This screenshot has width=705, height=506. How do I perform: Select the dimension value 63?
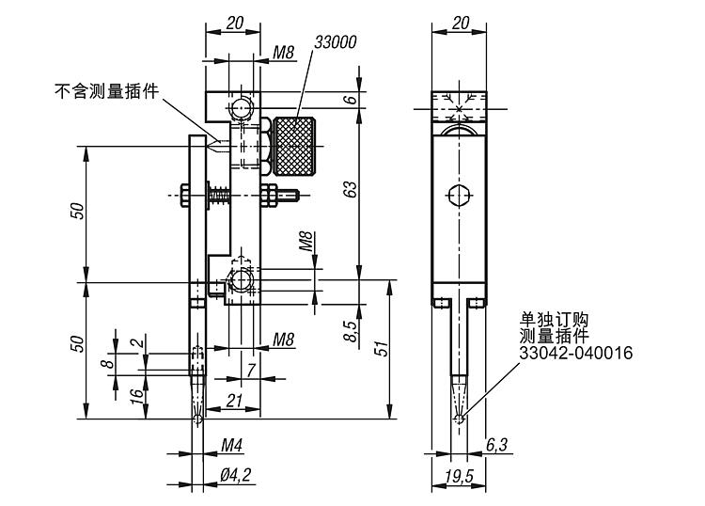click(x=350, y=188)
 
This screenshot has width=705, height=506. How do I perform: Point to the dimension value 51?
click(x=380, y=349)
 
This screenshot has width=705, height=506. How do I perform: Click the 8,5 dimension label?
click(x=350, y=331)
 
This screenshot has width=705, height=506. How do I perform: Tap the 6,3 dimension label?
click(x=498, y=444)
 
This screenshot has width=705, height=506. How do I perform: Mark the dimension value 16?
click(x=110, y=395)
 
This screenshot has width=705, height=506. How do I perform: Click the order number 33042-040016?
click(x=576, y=353)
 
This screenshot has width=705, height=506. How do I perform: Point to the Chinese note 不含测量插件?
click(x=106, y=91)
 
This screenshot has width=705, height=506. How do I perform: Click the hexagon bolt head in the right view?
click(x=458, y=196)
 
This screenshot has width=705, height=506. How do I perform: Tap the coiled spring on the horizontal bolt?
click(x=219, y=197)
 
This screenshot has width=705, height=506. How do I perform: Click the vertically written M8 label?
click(x=305, y=242)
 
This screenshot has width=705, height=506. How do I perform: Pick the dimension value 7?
click(x=251, y=369)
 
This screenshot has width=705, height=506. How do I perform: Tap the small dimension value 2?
click(x=141, y=343)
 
